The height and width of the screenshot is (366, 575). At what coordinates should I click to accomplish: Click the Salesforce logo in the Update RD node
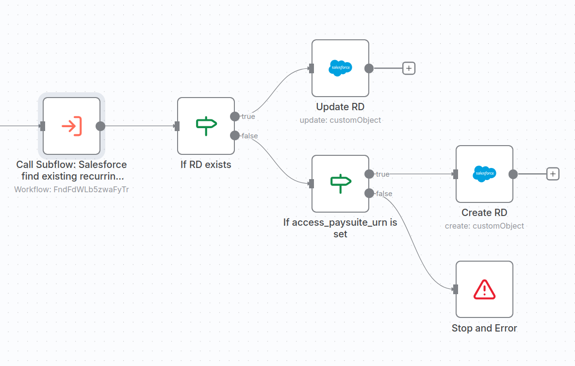(340, 68)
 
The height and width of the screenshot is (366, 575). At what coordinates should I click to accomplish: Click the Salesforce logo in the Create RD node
(484, 174)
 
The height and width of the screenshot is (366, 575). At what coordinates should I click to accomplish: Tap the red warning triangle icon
(484, 290)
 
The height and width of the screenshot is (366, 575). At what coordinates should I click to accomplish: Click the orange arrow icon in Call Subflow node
(72, 126)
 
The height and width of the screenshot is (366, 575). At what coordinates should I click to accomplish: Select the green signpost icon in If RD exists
(206, 126)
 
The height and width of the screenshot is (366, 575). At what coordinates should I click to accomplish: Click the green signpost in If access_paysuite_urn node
(341, 183)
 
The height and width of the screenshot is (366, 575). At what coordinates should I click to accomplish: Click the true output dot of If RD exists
(235, 116)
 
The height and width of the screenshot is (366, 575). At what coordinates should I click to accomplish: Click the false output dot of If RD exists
(235, 135)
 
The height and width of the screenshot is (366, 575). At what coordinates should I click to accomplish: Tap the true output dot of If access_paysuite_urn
(369, 174)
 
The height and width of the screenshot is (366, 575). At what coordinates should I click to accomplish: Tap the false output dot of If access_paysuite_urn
(369, 193)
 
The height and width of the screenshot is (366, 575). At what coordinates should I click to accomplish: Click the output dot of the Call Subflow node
(100, 126)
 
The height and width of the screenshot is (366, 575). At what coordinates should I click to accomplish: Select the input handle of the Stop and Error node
(456, 289)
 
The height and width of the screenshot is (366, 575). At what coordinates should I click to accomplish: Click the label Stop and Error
(484, 328)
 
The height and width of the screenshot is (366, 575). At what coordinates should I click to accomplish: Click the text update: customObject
(340, 120)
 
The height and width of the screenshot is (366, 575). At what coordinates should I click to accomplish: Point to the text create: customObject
(484, 226)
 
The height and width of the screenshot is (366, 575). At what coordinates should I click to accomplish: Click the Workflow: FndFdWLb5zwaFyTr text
(72, 189)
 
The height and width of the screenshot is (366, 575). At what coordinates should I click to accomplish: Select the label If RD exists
(206, 165)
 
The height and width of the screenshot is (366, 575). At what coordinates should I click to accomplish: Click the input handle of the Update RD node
(312, 68)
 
